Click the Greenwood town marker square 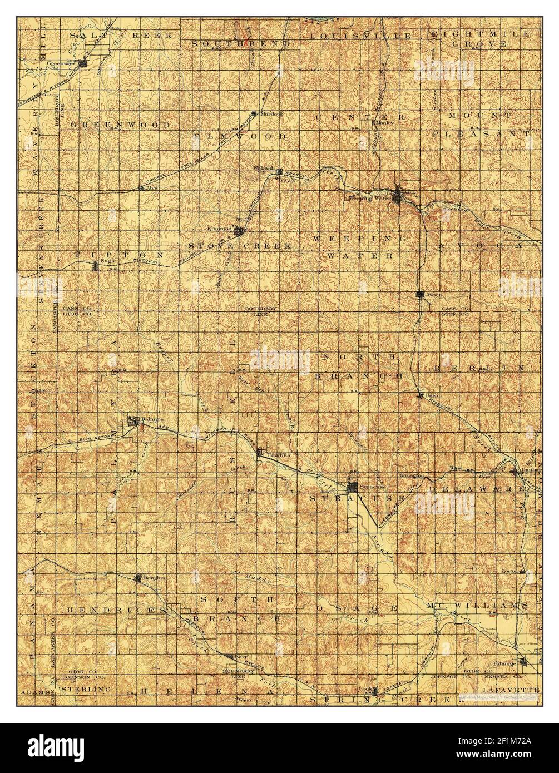tap(84, 64)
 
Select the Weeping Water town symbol tap(399, 195)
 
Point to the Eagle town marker tap(96, 266)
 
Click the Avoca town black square tap(421, 294)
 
